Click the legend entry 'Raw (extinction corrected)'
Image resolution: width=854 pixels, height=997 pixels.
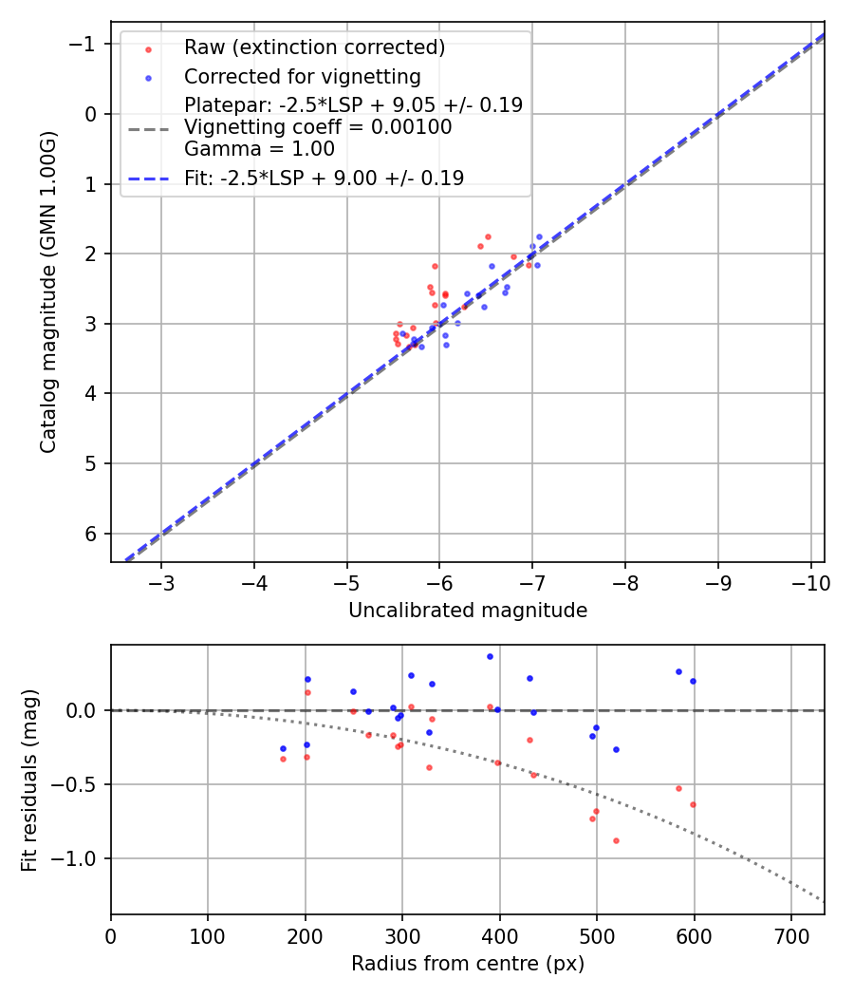(314, 47)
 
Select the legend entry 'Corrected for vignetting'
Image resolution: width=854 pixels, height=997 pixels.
(302, 76)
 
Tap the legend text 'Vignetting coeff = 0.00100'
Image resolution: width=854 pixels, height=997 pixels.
(318, 127)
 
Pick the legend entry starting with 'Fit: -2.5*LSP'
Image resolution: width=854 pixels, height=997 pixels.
(324, 179)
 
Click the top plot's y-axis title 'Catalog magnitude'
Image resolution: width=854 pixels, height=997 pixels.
(48, 292)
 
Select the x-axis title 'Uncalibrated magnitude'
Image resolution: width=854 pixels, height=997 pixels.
(467, 611)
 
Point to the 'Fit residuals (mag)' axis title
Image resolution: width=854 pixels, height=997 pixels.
(29, 780)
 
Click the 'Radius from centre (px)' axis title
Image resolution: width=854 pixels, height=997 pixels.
(467, 964)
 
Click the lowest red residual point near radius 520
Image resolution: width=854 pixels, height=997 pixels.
(616, 840)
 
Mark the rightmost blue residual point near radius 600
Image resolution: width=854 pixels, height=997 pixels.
(693, 681)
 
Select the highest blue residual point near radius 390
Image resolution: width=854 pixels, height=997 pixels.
(490, 656)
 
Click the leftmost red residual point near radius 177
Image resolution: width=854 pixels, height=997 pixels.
(283, 759)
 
